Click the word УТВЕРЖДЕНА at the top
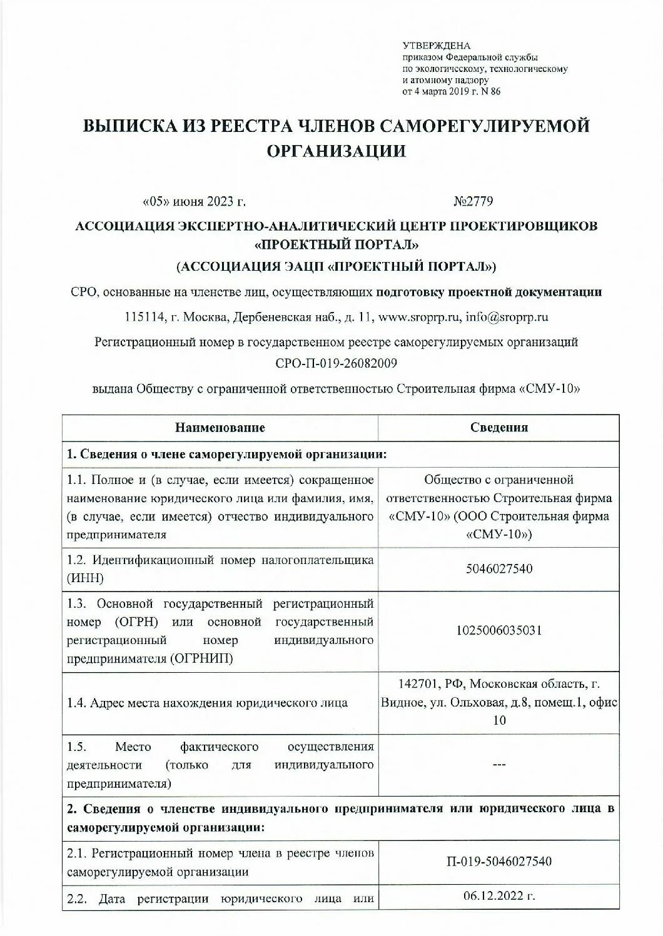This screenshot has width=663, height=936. (436, 46)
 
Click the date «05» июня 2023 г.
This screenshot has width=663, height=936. (195, 201)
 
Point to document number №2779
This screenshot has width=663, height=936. (473, 201)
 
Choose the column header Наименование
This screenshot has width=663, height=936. (220, 428)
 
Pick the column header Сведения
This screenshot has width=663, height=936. (499, 428)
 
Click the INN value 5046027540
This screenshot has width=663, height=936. (499, 569)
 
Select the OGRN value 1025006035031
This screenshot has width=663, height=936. (499, 630)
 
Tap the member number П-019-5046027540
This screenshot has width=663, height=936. (499, 862)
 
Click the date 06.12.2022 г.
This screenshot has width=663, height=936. (499, 897)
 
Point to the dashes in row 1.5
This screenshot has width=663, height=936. (499, 764)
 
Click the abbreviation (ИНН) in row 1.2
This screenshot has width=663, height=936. (85, 578)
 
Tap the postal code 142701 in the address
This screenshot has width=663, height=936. (418, 683)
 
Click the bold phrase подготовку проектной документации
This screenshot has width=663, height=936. (488, 292)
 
